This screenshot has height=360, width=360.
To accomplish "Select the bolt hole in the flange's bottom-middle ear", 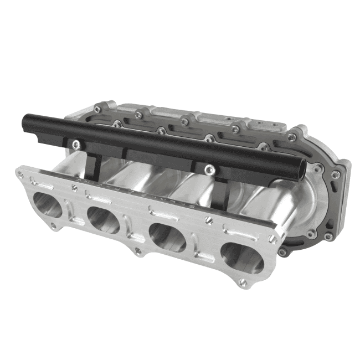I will tap(137, 253).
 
